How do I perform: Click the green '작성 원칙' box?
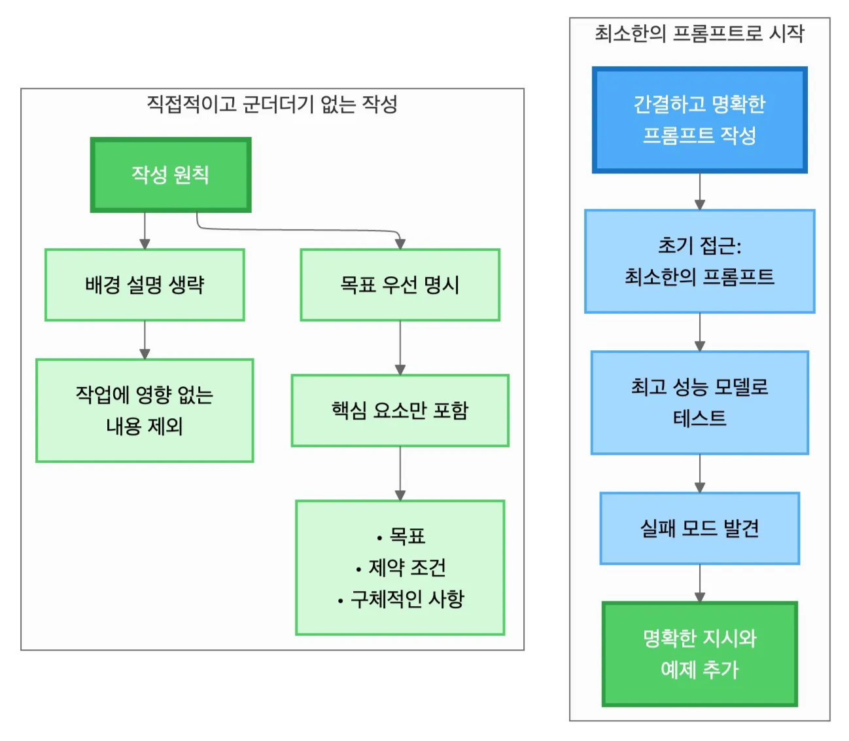click(x=170, y=175)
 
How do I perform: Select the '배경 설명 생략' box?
click(x=145, y=285)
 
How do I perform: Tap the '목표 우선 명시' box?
click(x=400, y=285)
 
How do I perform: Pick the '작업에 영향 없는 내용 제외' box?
click(x=145, y=410)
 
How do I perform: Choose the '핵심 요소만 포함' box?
click(x=400, y=410)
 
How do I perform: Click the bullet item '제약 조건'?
click(x=407, y=568)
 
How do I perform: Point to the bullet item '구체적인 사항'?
click(x=407, y=599)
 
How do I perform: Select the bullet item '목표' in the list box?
click(x=407, y=536)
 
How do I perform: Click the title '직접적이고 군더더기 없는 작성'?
click(x=272, y=104)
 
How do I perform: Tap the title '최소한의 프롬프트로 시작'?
click(x=699, y=33)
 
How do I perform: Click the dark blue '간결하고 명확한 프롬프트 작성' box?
click(x=699, y=120)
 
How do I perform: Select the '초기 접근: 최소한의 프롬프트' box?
click(x=699, y=261)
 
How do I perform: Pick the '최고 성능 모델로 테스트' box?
click(x=699, y=403)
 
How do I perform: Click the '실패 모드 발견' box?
click(x=699, y=528)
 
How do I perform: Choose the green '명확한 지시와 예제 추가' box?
click(x=699, y=654)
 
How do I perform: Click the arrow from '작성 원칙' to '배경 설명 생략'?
click(x=145, y=230)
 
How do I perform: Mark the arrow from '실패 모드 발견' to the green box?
click(x=699, y=583)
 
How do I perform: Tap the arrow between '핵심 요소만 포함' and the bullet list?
click(x=400, y=473)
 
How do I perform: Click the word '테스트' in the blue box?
click(x=699, y=418)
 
